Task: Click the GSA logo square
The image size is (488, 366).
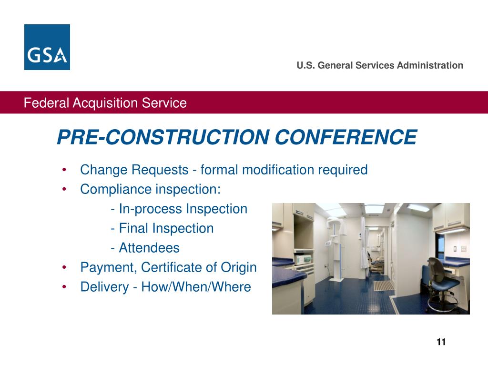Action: click(47, 47)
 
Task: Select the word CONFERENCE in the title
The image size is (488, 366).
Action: click(346, 137)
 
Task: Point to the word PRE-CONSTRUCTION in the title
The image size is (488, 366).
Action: click(163, 137)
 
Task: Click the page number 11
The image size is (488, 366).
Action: click(441, 342)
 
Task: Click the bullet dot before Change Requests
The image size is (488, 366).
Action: click(64, 170)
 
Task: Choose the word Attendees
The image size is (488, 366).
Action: click(149, 248)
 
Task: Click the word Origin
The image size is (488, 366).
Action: click(238, 268)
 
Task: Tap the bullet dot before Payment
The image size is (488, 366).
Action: click(64, 267)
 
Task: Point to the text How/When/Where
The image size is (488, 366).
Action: click(196, 287)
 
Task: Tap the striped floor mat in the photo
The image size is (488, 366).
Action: click(384, 285)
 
